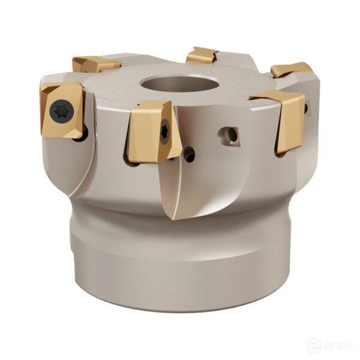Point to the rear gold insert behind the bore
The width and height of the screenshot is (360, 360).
[x=202, y=55]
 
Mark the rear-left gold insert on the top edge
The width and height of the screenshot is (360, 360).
[x=94, y=64]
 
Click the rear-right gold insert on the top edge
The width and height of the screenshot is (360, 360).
[x=291, y=70]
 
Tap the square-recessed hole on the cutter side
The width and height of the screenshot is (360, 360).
[x=230, y=135]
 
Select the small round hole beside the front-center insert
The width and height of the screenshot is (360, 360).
[x=189, y=154]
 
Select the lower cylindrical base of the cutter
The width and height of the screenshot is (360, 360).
[x=180, y=264]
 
